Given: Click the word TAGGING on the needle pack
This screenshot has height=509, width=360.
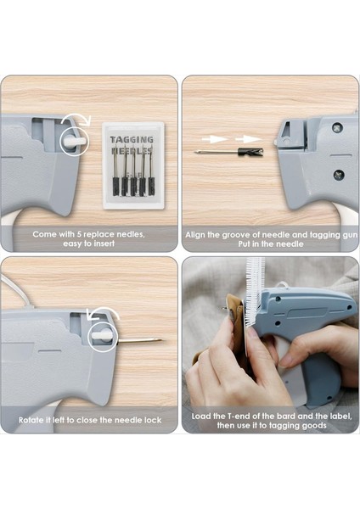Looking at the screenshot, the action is point(132,140).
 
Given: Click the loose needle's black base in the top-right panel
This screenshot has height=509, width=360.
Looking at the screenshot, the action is point(250,151).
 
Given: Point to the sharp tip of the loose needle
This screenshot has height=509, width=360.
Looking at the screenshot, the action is point(195,152).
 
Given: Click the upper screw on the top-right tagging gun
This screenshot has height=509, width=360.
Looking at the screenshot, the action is point(337,126).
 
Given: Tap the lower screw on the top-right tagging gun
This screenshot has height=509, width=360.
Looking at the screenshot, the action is point(338,174).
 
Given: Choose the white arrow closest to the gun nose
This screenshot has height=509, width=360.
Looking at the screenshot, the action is point(248,139).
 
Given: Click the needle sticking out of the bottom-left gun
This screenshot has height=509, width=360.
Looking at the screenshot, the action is point(139,340).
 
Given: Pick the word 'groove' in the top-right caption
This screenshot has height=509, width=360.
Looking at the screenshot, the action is point(241,235).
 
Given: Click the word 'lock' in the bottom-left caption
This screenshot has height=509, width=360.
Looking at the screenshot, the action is point(153,420).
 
